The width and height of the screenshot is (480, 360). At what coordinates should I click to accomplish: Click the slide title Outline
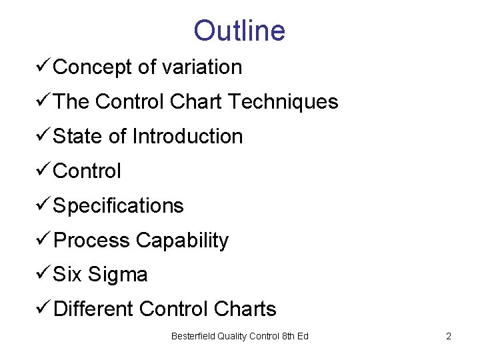click(x=239, y=31)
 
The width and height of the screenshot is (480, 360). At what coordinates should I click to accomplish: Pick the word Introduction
click(x=187, y=137)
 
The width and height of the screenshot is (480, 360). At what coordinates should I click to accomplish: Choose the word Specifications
click(x=118, y=206)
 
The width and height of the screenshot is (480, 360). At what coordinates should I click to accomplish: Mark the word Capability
click(x=182, y=241)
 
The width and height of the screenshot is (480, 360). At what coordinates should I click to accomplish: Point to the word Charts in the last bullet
click(x=245, y=309)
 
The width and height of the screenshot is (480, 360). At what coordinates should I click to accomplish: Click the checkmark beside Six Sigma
click(x=43, y=274)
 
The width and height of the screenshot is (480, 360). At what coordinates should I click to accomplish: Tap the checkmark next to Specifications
click(x=43, y=205)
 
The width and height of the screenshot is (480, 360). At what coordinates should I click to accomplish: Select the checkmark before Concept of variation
click(x=43, y=66)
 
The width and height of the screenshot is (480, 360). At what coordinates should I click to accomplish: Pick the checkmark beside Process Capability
click(x=43, y=239)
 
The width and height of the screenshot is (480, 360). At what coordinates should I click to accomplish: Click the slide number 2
click(x=449, y=336)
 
